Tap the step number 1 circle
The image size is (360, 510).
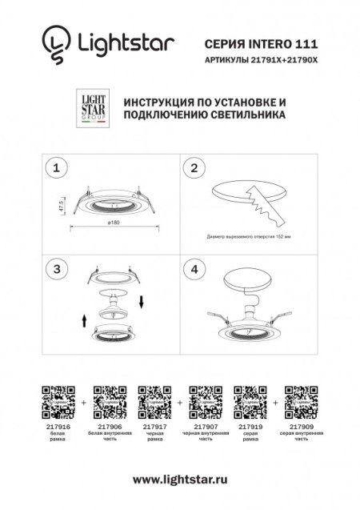[55, 167]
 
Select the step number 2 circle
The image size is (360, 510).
[193, 167]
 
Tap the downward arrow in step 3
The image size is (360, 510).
[140, 303]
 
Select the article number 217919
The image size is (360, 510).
[248, 428]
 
